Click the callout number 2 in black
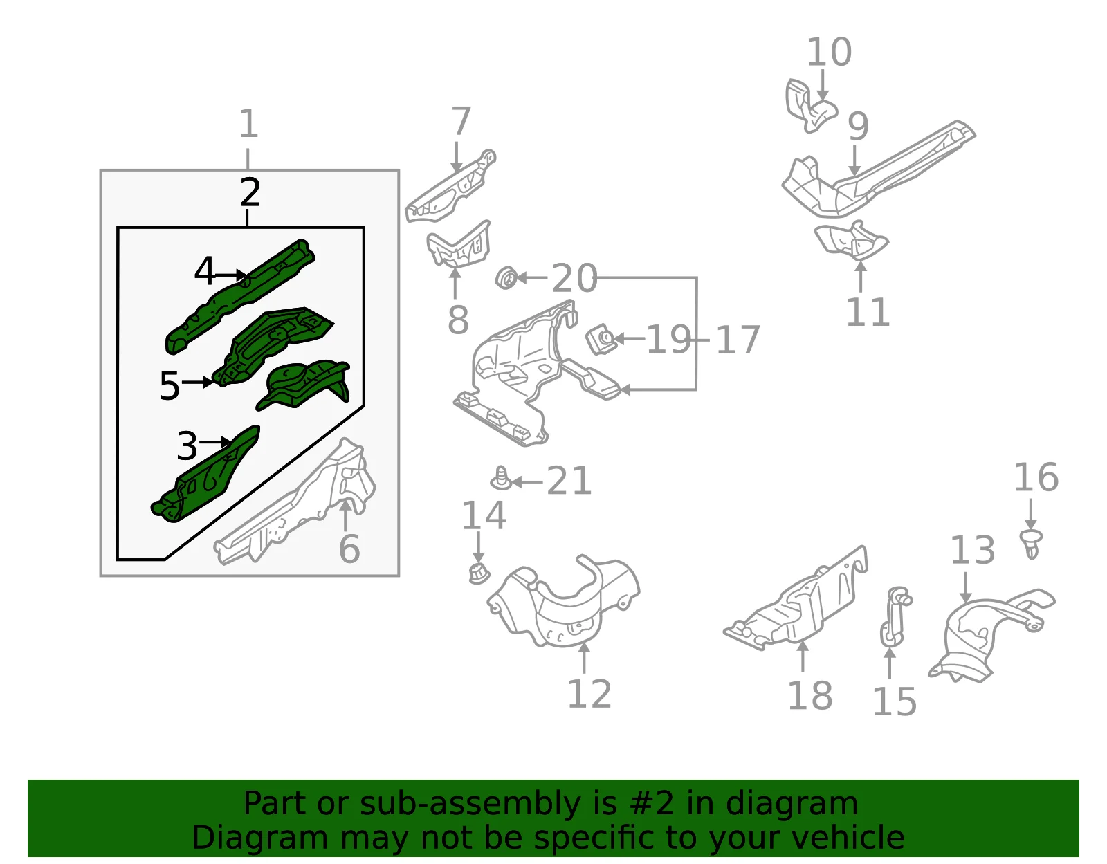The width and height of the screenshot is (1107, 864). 250,192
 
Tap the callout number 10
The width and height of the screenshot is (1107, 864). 829,52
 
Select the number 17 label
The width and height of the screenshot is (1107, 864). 738,340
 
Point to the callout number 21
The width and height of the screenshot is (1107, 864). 569,481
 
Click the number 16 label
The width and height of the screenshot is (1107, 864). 1036,477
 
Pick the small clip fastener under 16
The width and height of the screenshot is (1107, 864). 1032,544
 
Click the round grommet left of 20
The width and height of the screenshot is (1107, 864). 506,277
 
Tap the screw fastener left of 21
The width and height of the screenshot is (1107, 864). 501,479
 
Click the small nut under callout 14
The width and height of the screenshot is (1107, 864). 478,573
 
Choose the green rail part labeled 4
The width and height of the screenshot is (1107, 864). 241,296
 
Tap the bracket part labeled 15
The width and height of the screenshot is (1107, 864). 895,617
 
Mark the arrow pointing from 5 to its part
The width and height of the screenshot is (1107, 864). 198,382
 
